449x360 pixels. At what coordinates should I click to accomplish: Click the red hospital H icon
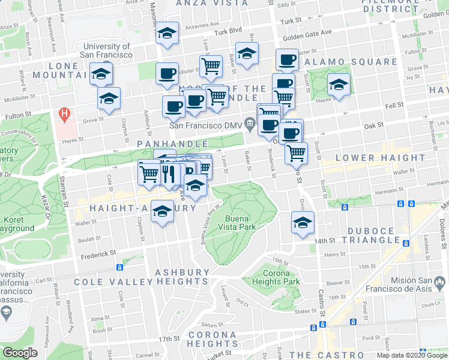tap(62, 113)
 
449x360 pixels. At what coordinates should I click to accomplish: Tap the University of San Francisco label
tap(107, 50)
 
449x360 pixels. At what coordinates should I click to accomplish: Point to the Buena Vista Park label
tap(240, 223)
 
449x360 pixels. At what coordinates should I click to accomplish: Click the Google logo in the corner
tap(20, 353)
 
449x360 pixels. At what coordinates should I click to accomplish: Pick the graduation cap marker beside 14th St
tap(303, 223)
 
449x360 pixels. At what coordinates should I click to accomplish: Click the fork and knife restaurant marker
tap(169, 174)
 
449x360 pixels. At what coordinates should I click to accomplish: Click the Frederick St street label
tap(97, 254)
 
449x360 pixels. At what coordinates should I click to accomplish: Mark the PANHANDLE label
tap(172, 144)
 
